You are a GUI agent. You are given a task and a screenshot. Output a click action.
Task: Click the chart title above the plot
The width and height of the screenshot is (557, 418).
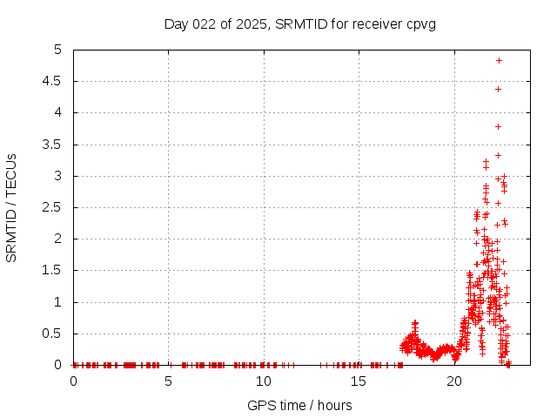tap(299, 24)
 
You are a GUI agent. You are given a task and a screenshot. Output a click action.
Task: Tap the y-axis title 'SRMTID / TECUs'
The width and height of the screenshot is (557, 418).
tap(12, 207)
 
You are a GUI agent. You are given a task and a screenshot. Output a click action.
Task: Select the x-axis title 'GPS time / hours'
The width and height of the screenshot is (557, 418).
tap(299, 405)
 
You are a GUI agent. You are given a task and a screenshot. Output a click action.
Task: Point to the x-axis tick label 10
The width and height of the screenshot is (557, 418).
tap(263, 381)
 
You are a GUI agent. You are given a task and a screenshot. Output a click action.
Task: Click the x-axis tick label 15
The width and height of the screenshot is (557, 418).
tap(358, 381)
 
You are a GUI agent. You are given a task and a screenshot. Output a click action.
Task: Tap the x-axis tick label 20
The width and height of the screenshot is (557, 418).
tap(453, 381)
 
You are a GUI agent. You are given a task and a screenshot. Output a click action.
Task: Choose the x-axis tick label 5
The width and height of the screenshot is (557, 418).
tap(168, 381)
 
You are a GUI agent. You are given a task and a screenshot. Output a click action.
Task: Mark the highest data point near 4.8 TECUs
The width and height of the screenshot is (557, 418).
tap(499, 60)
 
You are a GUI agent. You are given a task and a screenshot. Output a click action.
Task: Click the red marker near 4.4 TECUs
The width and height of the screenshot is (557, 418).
tap(499, 89)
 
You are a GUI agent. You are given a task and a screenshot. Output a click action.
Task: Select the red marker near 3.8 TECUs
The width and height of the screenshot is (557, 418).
tap(499, 126)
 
